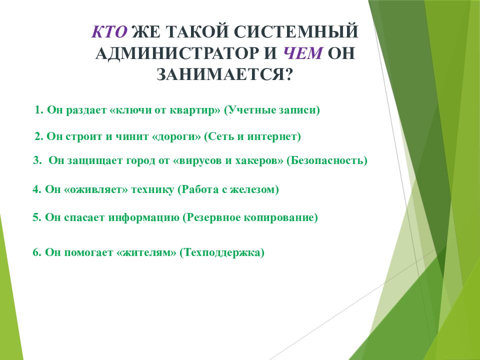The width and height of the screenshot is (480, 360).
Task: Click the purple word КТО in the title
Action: coord(109,31)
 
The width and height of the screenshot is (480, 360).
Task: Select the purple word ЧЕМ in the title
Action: coord(303,53)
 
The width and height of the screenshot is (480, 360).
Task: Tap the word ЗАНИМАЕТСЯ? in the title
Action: coord(224,74)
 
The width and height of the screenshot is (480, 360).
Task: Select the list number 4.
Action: coord(36,189)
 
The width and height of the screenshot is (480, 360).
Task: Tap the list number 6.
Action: coord(36,252)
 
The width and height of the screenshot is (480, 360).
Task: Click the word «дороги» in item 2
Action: coord(176,136)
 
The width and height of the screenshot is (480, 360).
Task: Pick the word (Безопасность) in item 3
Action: coord(326,160)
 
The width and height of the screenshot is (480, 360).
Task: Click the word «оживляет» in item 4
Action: coord(96,189)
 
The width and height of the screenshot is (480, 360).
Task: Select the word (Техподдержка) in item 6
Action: coord(222,253)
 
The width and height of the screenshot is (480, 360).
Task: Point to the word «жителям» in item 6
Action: coord(146,253)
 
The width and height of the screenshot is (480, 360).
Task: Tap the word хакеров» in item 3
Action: coord(259,160)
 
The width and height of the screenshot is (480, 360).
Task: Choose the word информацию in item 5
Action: coord(144,217)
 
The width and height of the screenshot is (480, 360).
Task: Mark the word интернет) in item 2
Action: coord(274,136)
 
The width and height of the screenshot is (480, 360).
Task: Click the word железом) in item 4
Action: coord(254,189)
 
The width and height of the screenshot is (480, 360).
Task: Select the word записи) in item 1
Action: coord(299,110)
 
